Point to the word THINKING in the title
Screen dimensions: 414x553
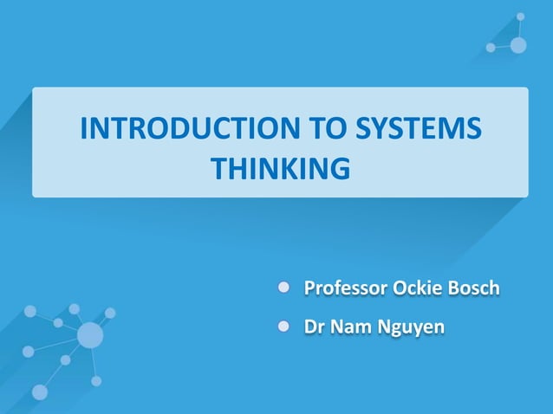tap(280, 168)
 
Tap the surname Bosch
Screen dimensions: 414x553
tap(474, 287)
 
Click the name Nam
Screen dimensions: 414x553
tap(349, 327)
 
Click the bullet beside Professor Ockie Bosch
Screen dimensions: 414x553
tap(283, 286)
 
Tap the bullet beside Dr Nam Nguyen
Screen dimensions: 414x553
tap(283, 327)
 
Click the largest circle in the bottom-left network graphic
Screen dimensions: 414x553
tap(90, 334)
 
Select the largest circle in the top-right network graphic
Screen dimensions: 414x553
tap(518, 45)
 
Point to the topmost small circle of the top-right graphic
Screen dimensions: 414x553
tap(520, 16)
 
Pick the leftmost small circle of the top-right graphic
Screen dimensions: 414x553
tap(491, 48)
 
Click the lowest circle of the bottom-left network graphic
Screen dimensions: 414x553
tap(40, 392)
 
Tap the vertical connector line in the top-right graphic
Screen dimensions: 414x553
tap(520, 28)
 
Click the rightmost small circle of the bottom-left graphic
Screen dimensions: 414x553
tap(110, 313)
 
